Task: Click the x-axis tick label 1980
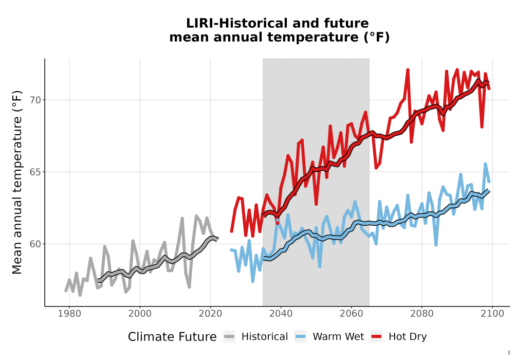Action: [69, 314]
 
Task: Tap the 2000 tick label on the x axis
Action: [140, 314]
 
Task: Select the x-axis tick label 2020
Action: [210, 314]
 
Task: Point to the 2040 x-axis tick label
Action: [281, 314]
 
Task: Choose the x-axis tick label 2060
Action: [352, 314]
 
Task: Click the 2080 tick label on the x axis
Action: [422, 314]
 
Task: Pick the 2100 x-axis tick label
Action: [492, 314]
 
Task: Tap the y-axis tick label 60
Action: [36, 244]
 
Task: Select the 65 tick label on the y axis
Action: [36, 172]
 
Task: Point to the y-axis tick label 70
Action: [36, 100]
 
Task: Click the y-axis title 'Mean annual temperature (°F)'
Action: [17, 182]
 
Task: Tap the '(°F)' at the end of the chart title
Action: [377, 38]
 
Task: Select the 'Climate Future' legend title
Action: [172, 337]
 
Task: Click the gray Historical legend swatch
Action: [229, 337]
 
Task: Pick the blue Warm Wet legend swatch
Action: [300, 337]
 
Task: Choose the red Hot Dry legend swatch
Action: [377, 337]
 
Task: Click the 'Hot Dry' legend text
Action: [408, 337]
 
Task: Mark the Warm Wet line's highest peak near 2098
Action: [486, 164]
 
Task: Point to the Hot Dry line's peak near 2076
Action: [408, 70]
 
